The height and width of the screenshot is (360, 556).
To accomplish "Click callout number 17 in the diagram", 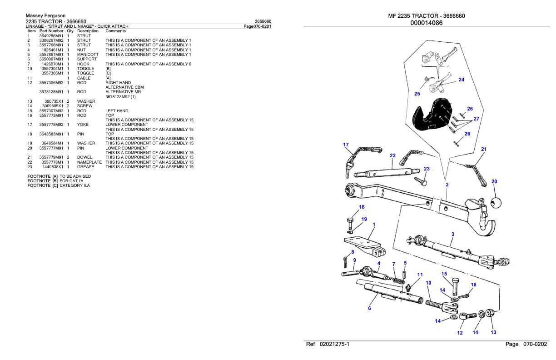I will point(346,145).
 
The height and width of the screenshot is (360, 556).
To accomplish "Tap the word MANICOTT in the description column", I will point(88,55).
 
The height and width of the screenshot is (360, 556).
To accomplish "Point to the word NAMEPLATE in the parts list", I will point(89,162).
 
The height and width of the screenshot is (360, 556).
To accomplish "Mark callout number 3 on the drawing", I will point(452,234).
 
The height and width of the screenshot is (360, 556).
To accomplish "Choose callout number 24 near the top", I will point(462,80).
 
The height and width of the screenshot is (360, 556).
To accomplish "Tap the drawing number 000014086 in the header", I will point(426,23).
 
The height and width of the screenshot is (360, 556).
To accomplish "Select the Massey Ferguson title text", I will point(45,16).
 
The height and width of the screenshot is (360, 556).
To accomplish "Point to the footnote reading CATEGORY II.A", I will point(74,185).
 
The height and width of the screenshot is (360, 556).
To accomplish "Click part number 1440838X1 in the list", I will point(53,167).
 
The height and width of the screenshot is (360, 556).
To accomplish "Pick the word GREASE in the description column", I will point(85,167).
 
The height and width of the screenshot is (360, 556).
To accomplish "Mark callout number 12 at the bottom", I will point(460,333).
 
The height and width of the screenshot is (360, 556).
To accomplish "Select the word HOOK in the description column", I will point(83,64).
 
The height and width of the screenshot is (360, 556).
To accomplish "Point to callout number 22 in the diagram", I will point(392,155).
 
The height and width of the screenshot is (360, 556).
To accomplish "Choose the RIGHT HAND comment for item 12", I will point(118,83).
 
